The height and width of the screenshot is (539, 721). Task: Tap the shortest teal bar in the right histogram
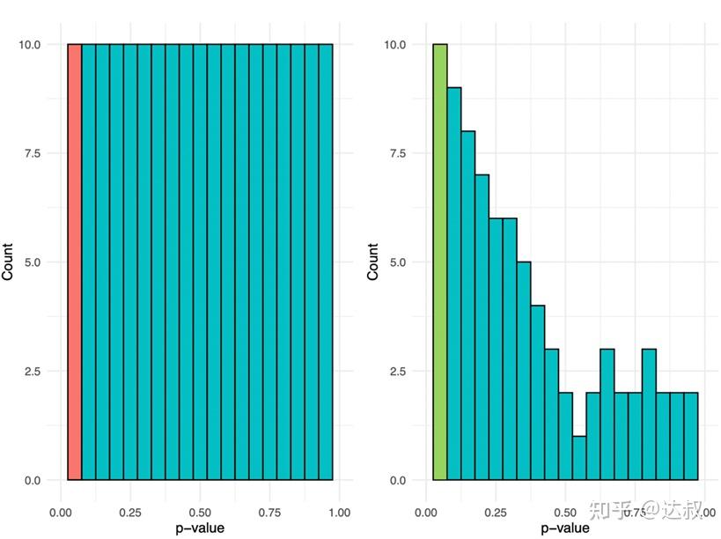tap(579, 458)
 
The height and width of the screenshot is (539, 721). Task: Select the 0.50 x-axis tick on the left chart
tap(200, 512)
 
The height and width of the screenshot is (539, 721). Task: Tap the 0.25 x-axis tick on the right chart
tap(496, 512)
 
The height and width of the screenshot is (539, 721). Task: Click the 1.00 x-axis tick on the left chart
tap(339, 512)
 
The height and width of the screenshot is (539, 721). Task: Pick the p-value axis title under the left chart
tap(200, 528)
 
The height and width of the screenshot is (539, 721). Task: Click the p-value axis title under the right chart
tap(565, 528)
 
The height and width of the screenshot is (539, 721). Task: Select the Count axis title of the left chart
tap(9, 262)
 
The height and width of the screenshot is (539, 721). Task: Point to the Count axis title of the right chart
tap(373, 262)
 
